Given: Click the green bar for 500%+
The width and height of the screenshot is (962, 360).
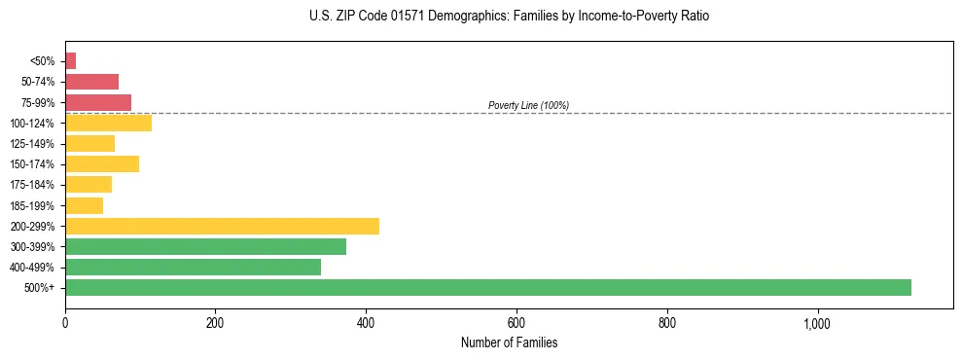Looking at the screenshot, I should (487, 287).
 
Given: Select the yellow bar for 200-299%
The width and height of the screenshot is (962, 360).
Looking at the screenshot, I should (222, 226).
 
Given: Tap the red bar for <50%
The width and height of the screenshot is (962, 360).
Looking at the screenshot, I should (70, 61).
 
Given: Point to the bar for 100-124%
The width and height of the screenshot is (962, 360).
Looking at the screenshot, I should (108, 123).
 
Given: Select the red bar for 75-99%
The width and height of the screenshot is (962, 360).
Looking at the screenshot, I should (98, 102).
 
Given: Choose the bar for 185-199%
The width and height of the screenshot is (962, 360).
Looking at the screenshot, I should (84, 205).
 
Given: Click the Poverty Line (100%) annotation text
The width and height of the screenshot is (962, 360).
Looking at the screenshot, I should (528, 105).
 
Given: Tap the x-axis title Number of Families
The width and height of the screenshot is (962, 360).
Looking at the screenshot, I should (509, 342).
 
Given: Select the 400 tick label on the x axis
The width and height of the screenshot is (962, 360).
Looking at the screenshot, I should (366, 322).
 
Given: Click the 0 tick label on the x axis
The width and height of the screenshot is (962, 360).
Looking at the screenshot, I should (65, 322).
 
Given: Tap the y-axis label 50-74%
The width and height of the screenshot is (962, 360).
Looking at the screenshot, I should (38, 82).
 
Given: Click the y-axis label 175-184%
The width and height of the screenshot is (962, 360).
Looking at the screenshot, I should (33, 185).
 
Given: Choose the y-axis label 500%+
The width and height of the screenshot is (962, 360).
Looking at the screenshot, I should (40, 288).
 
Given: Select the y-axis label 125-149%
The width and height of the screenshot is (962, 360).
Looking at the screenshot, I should (33, 144).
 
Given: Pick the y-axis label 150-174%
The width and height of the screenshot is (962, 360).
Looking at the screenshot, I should (33, 164).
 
